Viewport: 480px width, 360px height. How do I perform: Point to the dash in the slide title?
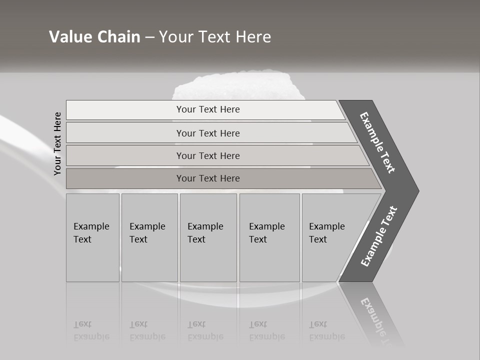(x=149, y=37)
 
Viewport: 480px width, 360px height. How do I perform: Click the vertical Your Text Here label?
(x=57, y=143)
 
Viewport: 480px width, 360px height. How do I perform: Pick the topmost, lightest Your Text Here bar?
(x=207, y=109)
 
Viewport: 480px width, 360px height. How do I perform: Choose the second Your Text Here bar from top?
(x=207, y=133)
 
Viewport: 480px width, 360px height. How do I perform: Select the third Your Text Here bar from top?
(x=207, y=155)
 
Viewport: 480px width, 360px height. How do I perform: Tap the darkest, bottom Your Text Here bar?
(x=207, y=178)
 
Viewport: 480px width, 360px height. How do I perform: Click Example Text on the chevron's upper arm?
(x=377, y=142)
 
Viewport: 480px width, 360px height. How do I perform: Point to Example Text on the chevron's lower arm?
(x=378, y=236)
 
